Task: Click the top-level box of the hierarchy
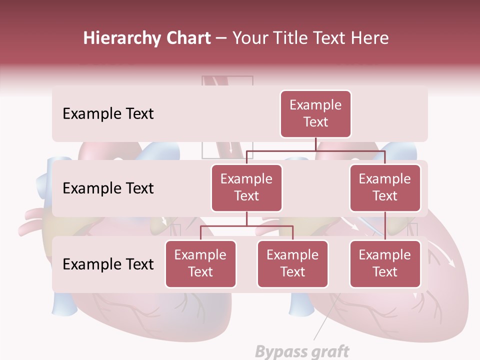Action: tap(315, 114)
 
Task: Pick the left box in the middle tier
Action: tap(246, 188)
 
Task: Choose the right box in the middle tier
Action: tap(385, 188)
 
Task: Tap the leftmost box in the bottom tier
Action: tap(200, 264)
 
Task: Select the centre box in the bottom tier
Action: tap(292, 264)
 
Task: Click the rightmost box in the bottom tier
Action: tap(385, 264)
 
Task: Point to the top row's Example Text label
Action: tap(108, 114)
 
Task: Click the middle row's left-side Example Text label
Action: tap(108, 188)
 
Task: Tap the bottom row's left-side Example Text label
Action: tap(108, 264)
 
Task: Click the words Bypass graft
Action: tap(302, 351)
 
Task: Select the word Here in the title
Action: tap(370, 38)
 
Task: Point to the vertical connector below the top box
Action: tap(315, 144)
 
